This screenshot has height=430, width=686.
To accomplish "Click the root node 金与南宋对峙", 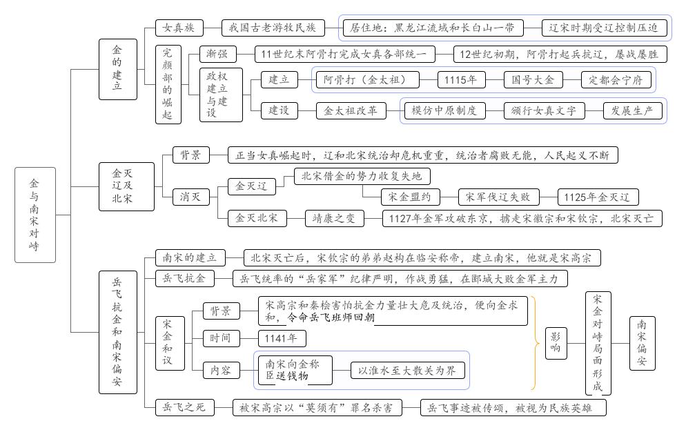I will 35,215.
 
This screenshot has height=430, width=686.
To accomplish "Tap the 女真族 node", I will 179,28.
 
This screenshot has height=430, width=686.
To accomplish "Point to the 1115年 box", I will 460,80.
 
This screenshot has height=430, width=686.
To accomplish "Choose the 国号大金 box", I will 529,80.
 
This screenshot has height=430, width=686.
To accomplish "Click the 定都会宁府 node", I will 616,80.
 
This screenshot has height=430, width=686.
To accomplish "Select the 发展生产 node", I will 632,110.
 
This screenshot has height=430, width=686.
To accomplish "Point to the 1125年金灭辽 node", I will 598,197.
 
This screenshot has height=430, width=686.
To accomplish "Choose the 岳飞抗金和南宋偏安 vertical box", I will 117,332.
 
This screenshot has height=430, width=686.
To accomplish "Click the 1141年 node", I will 282,338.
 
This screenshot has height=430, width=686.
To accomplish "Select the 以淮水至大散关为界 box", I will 406,371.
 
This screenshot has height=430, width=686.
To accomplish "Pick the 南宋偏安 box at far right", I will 642,342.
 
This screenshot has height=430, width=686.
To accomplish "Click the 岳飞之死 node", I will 181,408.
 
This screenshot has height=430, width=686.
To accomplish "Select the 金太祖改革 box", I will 351,110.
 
